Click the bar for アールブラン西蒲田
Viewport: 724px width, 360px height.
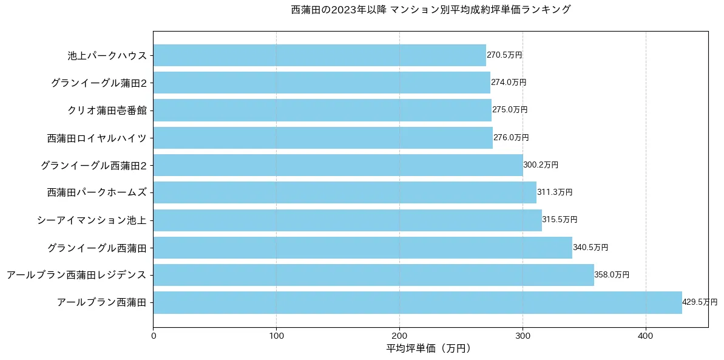418,302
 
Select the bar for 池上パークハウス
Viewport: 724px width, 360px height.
319,55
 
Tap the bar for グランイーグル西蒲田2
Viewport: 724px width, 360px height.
338,165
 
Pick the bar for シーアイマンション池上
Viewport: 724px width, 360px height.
347,220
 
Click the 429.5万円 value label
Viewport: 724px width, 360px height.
699,302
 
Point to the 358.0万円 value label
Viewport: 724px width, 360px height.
612,275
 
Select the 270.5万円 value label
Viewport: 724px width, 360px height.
504,55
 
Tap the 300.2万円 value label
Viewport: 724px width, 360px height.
541,165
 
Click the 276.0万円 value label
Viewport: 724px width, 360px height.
511,138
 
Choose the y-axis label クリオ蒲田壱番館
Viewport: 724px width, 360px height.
107,110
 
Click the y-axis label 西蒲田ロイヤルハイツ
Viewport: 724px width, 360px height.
97,138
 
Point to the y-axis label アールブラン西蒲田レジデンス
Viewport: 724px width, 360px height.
76,275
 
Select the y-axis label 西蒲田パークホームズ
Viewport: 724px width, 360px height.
97,192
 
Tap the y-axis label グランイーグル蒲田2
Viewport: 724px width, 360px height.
99,83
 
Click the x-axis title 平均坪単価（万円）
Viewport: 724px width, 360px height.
429,348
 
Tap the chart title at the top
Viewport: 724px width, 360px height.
430,10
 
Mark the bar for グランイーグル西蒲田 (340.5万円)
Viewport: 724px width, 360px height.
362,248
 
